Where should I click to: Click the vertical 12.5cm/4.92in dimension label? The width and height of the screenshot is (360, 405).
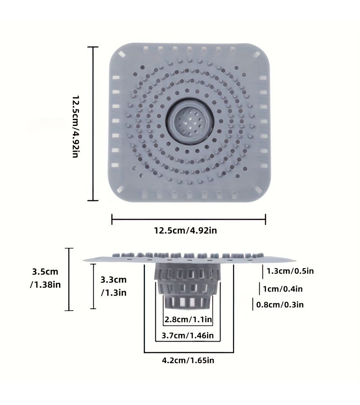pyautogui.click(x=76, y=126)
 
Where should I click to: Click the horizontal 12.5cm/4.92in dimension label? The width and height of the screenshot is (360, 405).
pyautogui.click(x=185, y=230)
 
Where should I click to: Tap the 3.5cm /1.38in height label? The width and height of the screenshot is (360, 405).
pyautogui.click(x=45, y=278)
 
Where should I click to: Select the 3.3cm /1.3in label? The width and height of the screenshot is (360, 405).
pyautogui.click(x=114, y=286)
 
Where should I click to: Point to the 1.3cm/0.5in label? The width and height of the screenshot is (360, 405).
pyautogui.click(x=290, y=271)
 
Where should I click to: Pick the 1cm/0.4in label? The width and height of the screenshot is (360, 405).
pyautogui.click(x=283, y=289)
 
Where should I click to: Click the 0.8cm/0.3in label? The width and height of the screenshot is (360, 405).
pyautogui.click(x=280, y=305)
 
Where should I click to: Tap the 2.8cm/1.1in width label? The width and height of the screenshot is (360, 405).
pyautogui.click(x=188, y=319)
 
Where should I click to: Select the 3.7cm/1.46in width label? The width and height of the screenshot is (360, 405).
pyautogui.click(x=188, y=336)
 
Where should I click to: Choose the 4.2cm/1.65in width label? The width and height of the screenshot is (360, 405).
pyautogui.click(x=188, y=360)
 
